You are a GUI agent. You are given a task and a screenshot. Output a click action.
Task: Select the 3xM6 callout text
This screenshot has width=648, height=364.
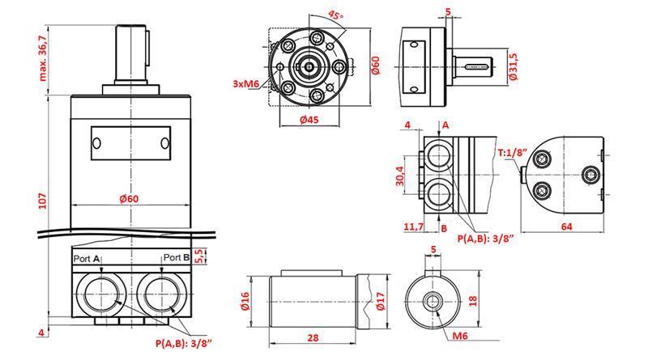coord(245,83)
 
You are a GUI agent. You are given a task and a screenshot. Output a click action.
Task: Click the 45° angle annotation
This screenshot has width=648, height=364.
coord(335,18)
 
